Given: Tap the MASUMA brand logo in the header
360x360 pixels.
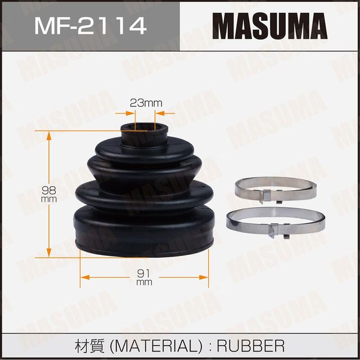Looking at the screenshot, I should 269,25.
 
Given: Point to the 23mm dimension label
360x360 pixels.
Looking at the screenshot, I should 146,102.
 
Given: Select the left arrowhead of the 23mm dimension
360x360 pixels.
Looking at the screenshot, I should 133,113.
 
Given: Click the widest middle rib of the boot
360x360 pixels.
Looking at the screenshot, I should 145,194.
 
